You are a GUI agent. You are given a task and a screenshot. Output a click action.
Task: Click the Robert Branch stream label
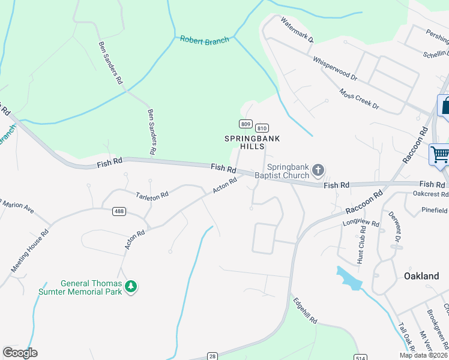(x=204, y=40)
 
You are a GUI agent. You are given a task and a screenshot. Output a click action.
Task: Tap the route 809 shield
(x=245, y=124)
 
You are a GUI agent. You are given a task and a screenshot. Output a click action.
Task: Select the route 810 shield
(x=261, y=128)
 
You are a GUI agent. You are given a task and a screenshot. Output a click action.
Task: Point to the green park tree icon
(x=131, y=287)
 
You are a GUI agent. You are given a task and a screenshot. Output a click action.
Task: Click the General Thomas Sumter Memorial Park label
(x=91, y=287)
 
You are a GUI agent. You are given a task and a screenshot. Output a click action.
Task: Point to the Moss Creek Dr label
(x=359, y=99)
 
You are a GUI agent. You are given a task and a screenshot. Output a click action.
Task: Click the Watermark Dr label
(x=297, y=29)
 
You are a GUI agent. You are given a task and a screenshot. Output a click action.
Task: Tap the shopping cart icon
(x=439, y=154)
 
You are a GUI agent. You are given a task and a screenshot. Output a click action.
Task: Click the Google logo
(x=20, y=353)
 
